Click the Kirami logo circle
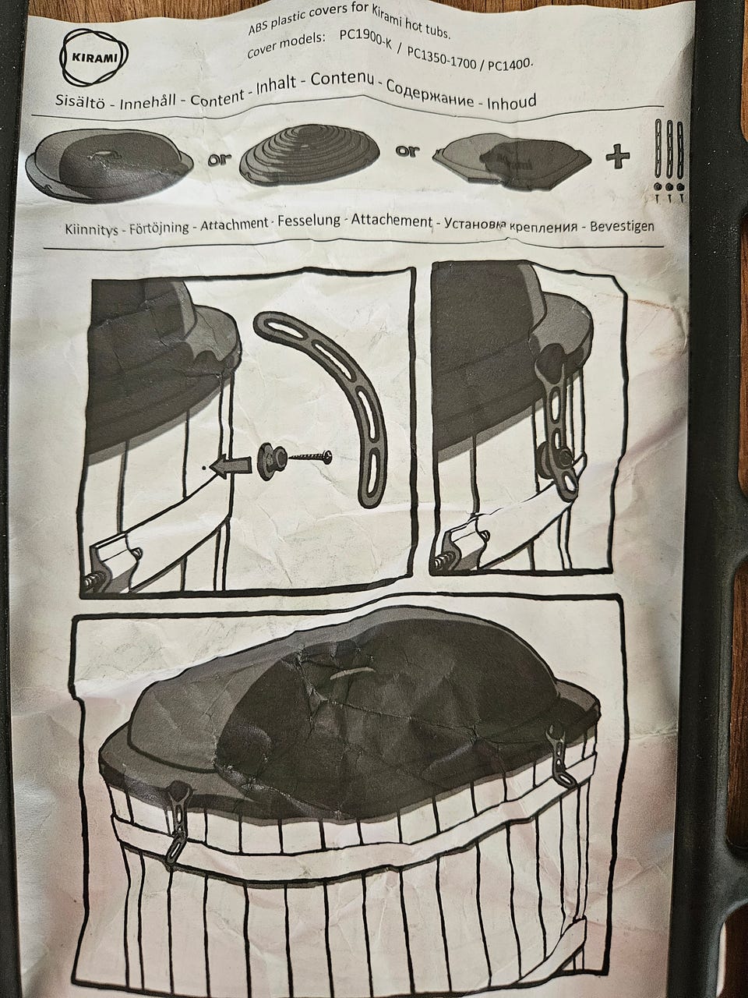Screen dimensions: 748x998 pyautogui.click(x=94, y=58)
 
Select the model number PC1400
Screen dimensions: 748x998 pyautogui.click(x=509, y=64)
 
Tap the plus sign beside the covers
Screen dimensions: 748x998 pyautogui.click(x=618, y=157)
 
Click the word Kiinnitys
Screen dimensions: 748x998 pyautogui.click(x=91, y=228)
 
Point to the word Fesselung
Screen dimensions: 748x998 pyautogui.click(x=309, y=221)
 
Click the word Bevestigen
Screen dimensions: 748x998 pyautogui.click(x=622, y=226)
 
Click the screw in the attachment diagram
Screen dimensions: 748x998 pyautogui.click(x=310, y=455)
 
